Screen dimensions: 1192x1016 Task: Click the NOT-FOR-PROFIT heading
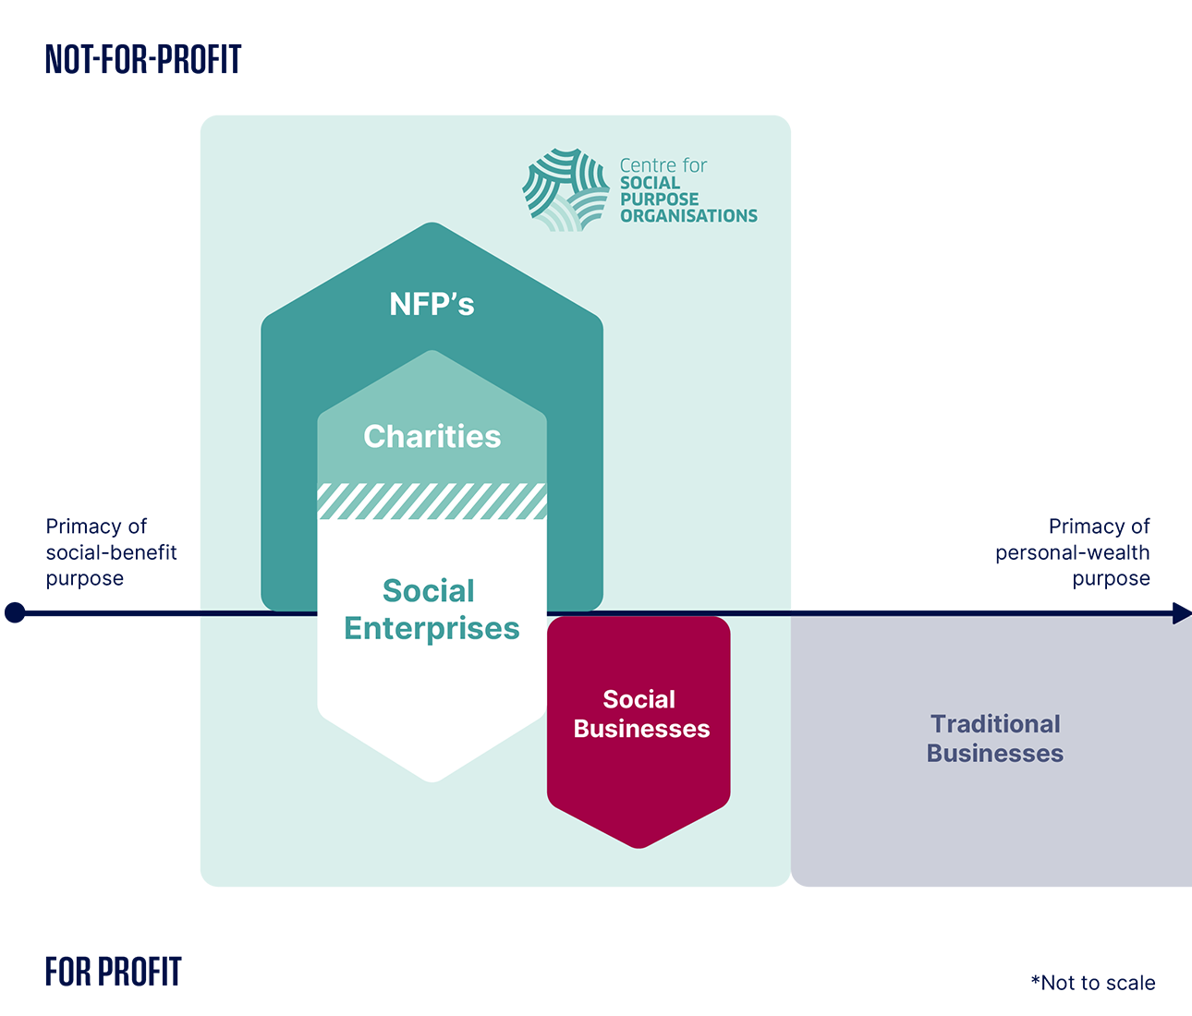(x=143, y=59)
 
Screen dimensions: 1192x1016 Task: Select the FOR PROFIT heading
(x=113, y=972)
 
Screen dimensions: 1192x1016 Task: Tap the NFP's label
(x=432, y=304)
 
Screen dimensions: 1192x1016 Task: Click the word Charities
(x=432, y=436)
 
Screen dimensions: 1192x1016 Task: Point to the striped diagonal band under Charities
(x=432, y=502)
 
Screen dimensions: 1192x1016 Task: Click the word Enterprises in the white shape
(x=432, y=627)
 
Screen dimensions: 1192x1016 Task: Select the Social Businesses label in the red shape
(x=641, y=713)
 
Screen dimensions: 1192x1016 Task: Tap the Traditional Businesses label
(x=995, y=738)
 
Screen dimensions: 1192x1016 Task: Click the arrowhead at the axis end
(x=1182, y=612)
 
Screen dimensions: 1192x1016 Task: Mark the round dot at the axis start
(x=15, y=612)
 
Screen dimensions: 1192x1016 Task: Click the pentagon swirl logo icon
(x=566, y=189)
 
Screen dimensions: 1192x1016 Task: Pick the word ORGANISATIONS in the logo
(x=688, y=215)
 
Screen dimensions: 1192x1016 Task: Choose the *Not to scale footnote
(x=1093, y=983)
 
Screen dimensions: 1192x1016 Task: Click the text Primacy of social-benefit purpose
(x=111, y=552)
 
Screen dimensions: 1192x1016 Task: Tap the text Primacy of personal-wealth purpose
(x=1073, y=552)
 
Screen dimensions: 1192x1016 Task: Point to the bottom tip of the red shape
(x=639, y=848)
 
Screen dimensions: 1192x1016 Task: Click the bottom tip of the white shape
(x=432, y=781)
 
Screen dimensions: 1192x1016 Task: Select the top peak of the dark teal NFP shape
(x=432, y=223)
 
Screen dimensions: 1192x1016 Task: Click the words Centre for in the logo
(x=663, y=165)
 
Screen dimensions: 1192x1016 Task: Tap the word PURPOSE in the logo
(x=659, y=199)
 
